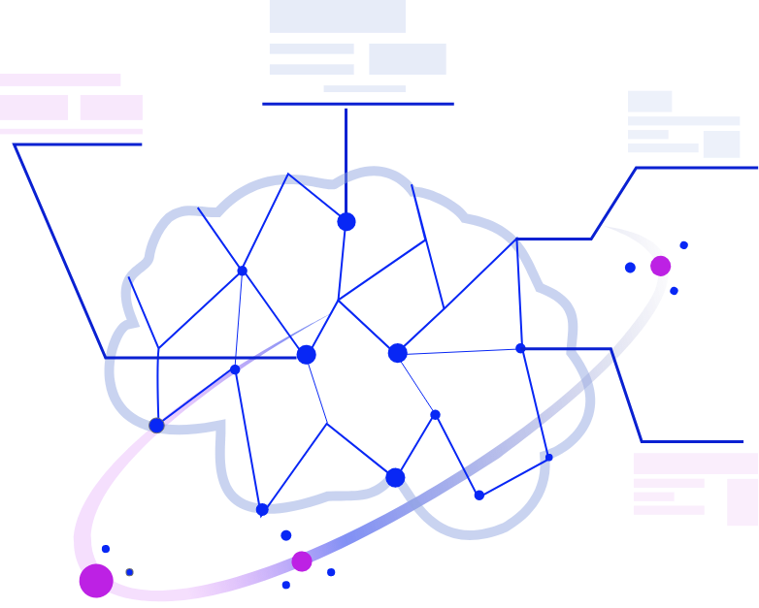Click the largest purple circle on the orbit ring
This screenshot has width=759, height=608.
[96, 580]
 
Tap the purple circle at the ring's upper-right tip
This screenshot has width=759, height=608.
[660, 266]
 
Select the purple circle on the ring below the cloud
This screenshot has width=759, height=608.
[302, 561]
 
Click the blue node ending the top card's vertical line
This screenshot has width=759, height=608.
[346, 222]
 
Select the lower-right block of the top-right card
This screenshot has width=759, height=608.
[721, 144]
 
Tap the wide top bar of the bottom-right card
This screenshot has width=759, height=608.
[695, 464]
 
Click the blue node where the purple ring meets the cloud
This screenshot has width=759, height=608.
[156, 425]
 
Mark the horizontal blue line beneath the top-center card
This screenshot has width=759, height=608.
[357, 103]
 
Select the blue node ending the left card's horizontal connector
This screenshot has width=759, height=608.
[306, 355]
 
